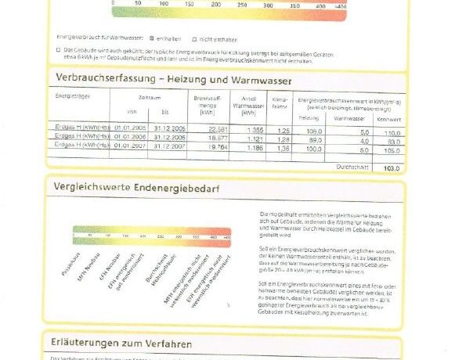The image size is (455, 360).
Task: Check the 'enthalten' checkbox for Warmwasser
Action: pos(151,38)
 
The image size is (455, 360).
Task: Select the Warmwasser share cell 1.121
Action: pos(255,138)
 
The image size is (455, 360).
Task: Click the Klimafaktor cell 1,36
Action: pos(283,146)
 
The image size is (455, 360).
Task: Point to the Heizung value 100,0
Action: pos(314,147)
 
